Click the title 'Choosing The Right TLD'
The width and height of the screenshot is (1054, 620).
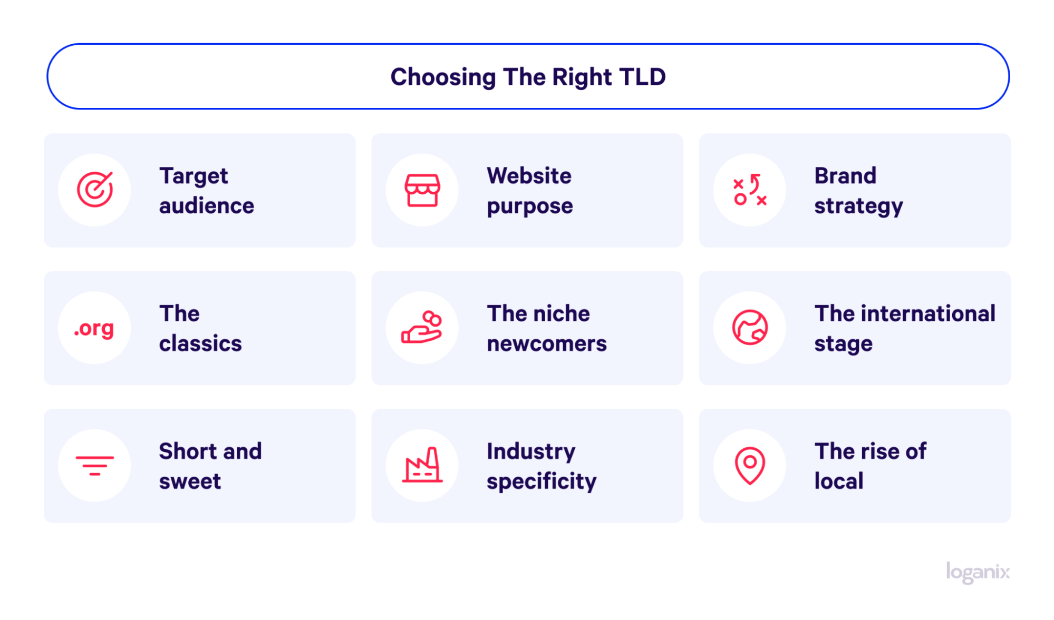(x=528, y=77)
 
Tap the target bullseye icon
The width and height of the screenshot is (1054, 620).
(x=95, y=189)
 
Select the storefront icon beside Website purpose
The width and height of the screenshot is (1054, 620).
(x=422, y=190)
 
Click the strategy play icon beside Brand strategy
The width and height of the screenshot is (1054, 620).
(x=750, y=190)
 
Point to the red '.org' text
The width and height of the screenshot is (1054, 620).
(x=94, y=329)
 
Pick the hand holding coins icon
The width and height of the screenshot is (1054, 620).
(x=422, y=327)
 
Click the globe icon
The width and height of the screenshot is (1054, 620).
(x=750, y=327)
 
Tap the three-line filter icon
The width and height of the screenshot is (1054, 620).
(x=95, y=466)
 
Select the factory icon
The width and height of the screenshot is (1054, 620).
(x=422, y=465)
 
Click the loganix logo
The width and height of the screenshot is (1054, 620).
(x=978, y=572)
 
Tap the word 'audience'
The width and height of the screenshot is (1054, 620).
(x=207, y=206)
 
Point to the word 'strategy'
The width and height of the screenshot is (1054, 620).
(x=858, y=206)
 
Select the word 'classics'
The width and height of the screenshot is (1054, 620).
(x=200, y=343)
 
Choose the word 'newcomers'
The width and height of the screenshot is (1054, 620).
(x=547, y=344)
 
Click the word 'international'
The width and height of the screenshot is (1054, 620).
(x=929, y=313)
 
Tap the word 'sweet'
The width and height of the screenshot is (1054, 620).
(x=190, y=481)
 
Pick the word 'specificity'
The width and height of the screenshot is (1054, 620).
(x=541, y=482)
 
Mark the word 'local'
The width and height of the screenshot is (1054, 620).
(x=839, y=481)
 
